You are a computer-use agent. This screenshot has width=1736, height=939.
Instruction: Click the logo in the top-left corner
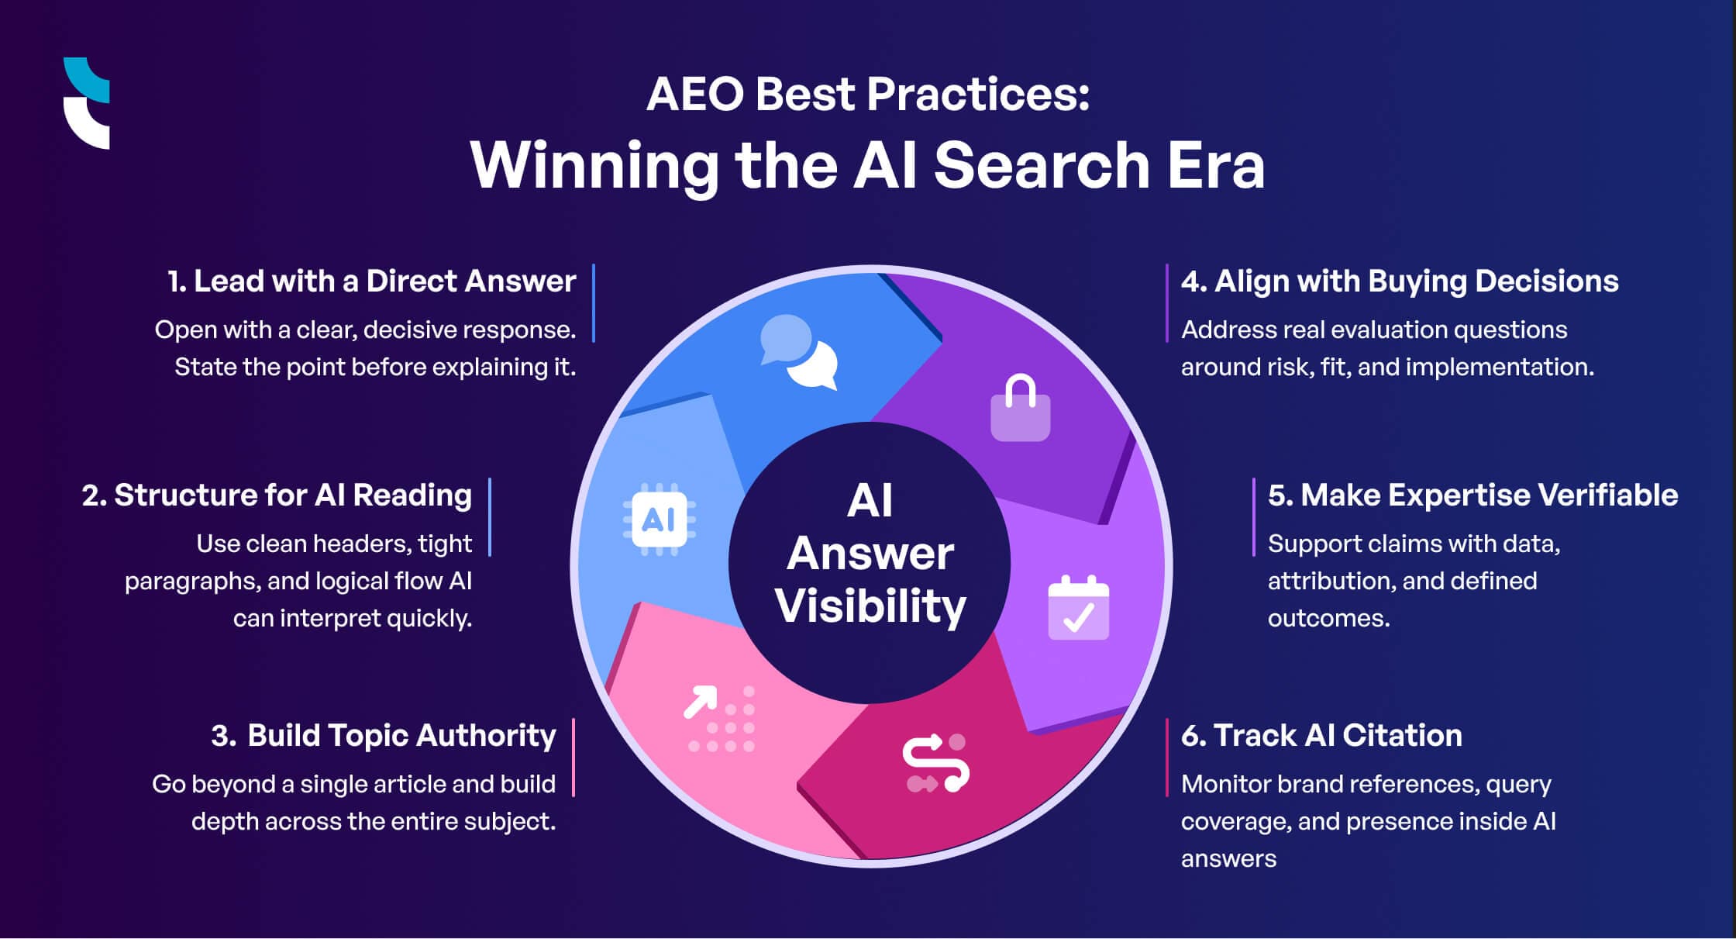86,103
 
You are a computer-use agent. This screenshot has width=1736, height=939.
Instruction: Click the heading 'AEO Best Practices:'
868,95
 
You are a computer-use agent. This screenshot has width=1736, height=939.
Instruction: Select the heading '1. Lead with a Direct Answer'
372,281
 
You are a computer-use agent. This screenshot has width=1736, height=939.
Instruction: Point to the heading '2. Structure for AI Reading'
277,495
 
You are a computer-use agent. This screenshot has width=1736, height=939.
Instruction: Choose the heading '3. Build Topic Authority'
384,736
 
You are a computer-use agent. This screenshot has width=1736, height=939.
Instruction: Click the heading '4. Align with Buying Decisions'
1400,281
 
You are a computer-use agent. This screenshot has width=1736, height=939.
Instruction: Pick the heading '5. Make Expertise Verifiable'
1472,495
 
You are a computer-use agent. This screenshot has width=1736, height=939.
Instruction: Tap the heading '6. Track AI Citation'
1321,736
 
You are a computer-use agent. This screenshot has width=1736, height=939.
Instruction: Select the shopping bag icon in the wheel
1021,409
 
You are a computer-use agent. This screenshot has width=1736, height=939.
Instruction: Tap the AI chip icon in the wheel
660,520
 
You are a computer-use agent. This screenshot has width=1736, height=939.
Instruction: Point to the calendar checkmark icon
1078,608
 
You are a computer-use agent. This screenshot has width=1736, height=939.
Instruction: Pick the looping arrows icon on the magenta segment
936,764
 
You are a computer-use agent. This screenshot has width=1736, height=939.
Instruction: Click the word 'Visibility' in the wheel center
870,606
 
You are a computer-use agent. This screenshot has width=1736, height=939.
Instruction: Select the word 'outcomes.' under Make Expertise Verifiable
1328,619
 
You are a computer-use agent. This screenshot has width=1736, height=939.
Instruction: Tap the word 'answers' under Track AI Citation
1228,859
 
